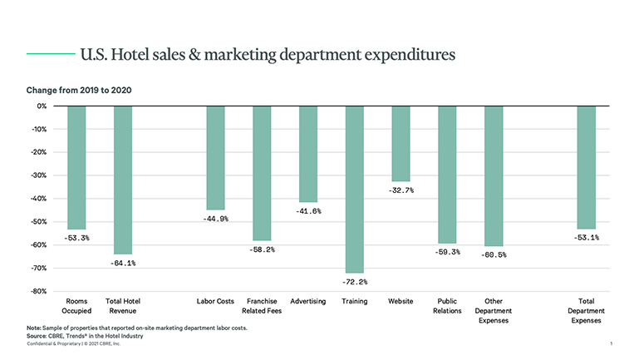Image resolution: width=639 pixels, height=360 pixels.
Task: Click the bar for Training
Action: [354, 189]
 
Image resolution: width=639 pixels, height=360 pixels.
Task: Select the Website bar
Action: [401, 143]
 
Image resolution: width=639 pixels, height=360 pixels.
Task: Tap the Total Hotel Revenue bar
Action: [123, 180]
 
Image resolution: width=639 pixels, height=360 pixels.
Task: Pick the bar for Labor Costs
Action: [215, 157]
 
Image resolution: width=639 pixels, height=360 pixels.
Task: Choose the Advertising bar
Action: [308, 154]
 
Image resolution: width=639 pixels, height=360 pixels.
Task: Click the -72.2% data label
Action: [354, 282]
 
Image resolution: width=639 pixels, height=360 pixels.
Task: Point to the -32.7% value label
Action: [401, 190]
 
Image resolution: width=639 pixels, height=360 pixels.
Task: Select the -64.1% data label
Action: [123, 264]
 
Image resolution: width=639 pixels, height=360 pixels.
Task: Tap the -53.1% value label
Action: [587, 238]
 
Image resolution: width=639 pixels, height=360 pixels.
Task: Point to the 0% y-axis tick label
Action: [40, 106]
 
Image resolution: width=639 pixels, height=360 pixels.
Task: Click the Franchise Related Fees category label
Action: [262, 306]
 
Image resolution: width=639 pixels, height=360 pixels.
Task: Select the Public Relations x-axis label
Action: [447, 306]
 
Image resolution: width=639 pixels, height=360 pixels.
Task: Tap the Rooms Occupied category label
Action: [76, 306]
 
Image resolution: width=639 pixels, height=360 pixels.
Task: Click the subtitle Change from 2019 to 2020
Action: [80, 89]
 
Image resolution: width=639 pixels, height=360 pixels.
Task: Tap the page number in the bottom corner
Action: [611, 343]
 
